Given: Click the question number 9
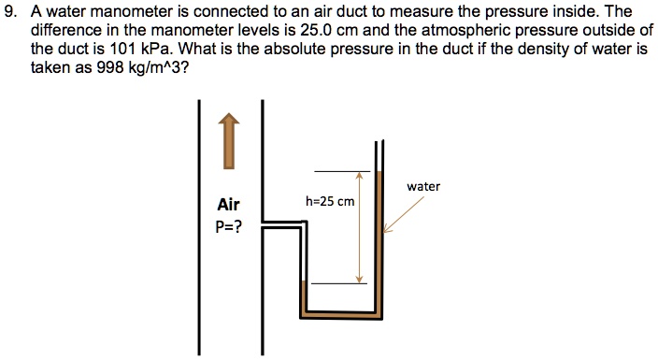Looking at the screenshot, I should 12,11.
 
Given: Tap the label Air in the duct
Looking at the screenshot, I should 228,204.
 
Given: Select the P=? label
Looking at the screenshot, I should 228,226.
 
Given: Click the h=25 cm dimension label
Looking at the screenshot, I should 330,201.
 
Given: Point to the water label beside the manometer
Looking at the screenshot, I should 423,186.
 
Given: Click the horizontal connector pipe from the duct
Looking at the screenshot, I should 282,223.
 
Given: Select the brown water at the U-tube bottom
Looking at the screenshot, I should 341,314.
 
